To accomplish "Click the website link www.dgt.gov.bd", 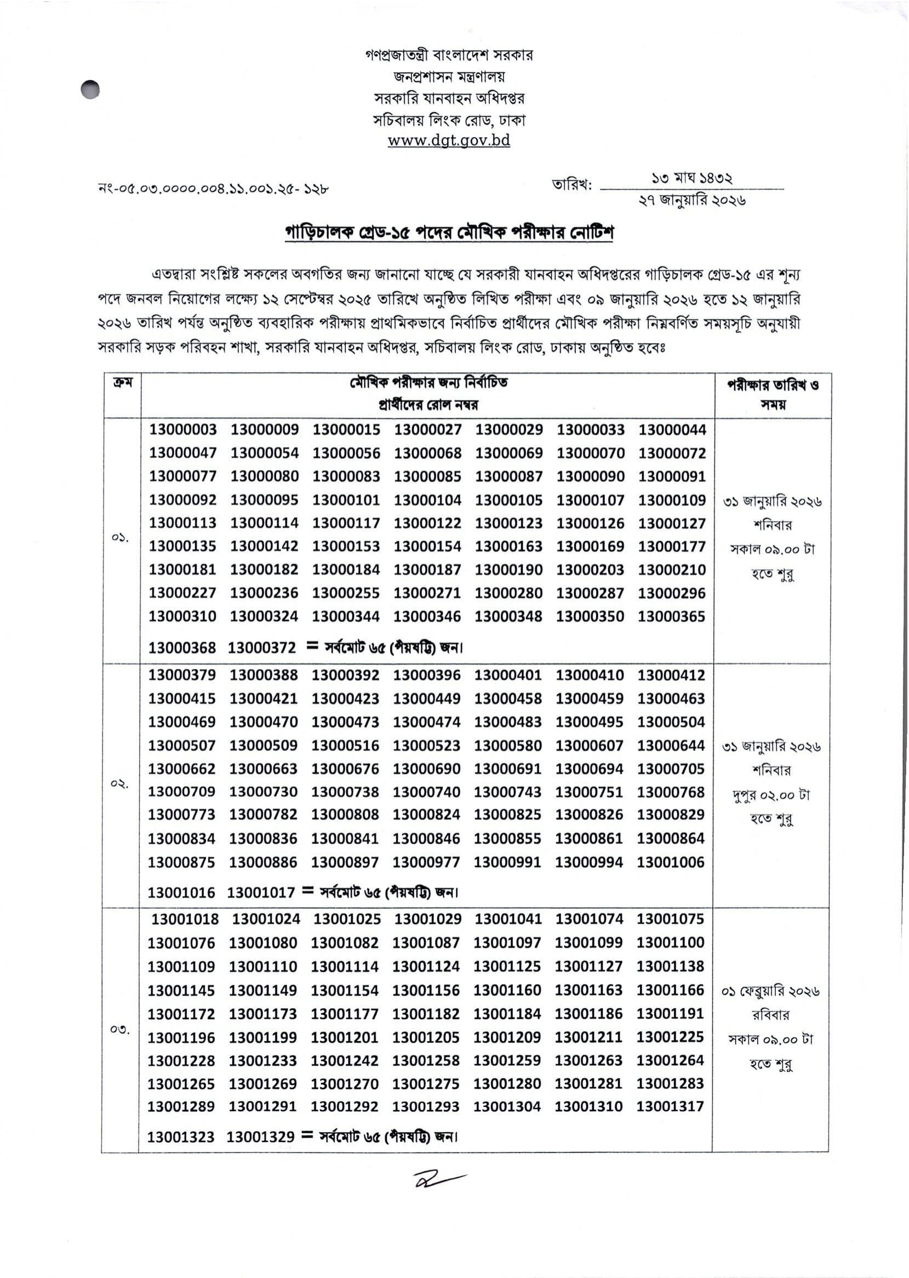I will click(x=449, y=140).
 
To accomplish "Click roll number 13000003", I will click(x=182, y=429).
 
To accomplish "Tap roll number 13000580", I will click(x=508, y=746).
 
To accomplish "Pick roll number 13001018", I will click(x=185, y=919).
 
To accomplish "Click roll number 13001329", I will click(x=260, y=1137).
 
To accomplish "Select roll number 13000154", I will click(x=427, y=546).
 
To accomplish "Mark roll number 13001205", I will click(x=426, y=1037).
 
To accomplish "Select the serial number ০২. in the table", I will click(x=119, y=784).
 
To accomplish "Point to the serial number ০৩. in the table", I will click(x=119, y=1029).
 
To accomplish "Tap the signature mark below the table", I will click(x=438, y=1178).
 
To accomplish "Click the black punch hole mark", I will click(x=90, y=89).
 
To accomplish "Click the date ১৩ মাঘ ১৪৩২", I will click(x=692, y=178).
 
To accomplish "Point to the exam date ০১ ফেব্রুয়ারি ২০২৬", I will click(x=770, y=991).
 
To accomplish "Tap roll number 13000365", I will click(x=671, y=616).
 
